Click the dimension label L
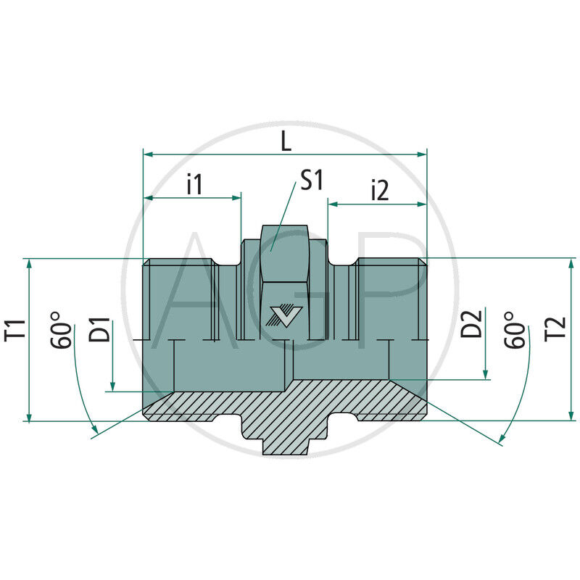(286, 141)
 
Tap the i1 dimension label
(194, 185)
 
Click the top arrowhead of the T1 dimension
(29, 263)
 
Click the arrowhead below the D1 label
(113, 386)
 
